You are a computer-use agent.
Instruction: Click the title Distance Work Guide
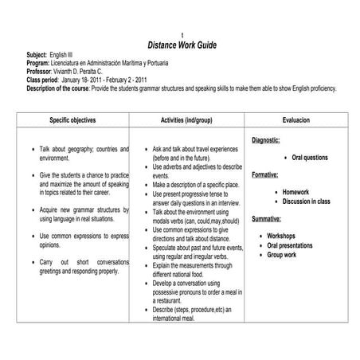tap(182, 45)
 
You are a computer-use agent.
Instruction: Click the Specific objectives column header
tap(76, 119)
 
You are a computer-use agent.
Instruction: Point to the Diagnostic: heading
tap(265, 140)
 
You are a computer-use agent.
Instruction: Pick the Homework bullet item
tap(295, 192)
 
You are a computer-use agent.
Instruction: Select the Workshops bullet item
tap(281, 237)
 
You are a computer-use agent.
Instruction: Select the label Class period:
tap(42, 80)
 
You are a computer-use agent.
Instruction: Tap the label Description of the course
tap(61, 88)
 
